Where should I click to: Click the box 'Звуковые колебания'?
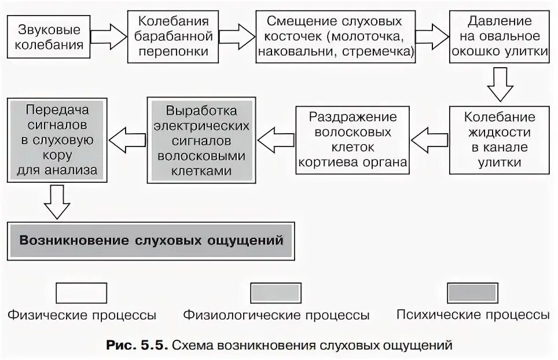49,37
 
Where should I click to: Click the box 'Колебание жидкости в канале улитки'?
500,140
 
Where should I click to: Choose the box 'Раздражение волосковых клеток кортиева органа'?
353,140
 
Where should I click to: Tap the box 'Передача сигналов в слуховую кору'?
57,140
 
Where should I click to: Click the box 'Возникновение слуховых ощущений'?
151,240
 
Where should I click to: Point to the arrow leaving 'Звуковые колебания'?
108,38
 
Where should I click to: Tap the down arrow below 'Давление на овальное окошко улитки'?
500,85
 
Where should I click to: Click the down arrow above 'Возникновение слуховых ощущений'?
57,202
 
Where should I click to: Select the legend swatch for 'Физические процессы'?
81,293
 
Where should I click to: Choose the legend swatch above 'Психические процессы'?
472,293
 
